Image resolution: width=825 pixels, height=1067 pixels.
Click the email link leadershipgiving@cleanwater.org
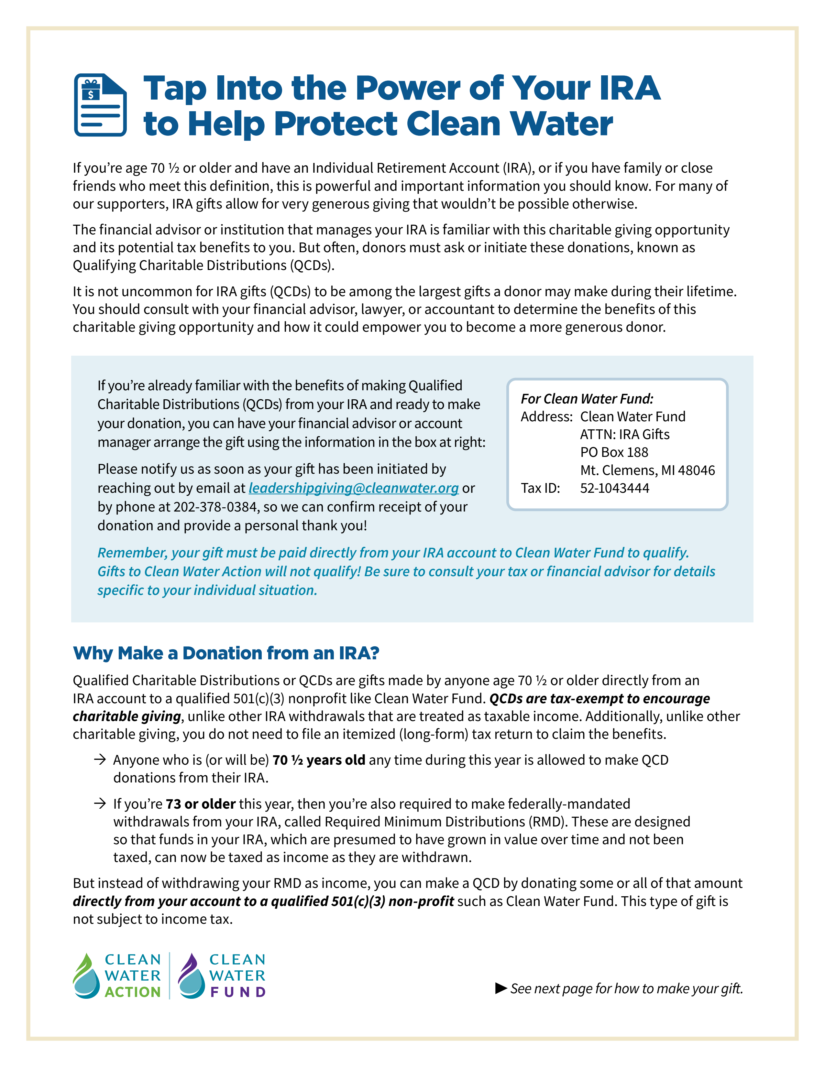click(353, 488)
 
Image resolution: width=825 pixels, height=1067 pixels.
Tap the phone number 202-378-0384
click(215, 507)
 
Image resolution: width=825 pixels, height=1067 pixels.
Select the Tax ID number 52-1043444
click(614, 488)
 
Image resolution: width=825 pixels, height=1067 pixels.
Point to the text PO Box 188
click(614, 452)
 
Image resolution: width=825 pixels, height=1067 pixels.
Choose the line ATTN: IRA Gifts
click(625, 434)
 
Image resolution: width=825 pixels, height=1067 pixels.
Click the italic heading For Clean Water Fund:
click(587, 399)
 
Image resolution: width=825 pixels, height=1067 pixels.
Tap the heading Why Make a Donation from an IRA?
click(226, 653)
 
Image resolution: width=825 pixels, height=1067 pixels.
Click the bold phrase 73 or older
click(200, 804)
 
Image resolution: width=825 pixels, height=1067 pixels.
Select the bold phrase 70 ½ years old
click(319, 760)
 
